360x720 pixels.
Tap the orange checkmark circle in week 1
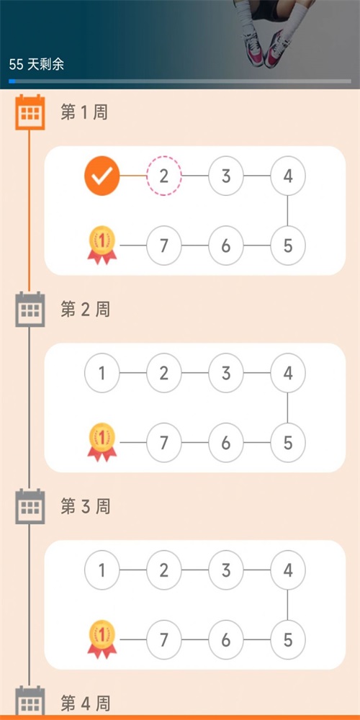click(102, 176)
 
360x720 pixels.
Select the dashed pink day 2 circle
click(164, 176)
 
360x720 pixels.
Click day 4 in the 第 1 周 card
click(288, 176)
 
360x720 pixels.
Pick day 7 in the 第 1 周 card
click(164, 246)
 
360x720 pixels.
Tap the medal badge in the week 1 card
click(102, 245)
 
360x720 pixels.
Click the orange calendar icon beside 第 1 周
click(30, 112)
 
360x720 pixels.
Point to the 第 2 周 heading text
click(85, 310)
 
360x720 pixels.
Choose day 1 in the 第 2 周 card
click(102, 373)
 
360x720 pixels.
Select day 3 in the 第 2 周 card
click(226, 373)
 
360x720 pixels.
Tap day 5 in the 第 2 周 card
click(288, 443)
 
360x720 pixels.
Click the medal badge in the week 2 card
click(102, 441)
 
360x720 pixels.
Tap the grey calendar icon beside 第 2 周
click(30, 310)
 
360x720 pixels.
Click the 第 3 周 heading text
click(85, 507)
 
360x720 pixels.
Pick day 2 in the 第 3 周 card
click(164, 570)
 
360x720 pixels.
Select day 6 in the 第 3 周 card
click(226, 640)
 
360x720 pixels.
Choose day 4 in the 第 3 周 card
click(288, 570)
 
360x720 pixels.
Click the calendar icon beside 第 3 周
click(30, 507)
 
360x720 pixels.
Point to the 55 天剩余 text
click(37, 64)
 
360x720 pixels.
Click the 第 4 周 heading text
click(85, 703)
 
